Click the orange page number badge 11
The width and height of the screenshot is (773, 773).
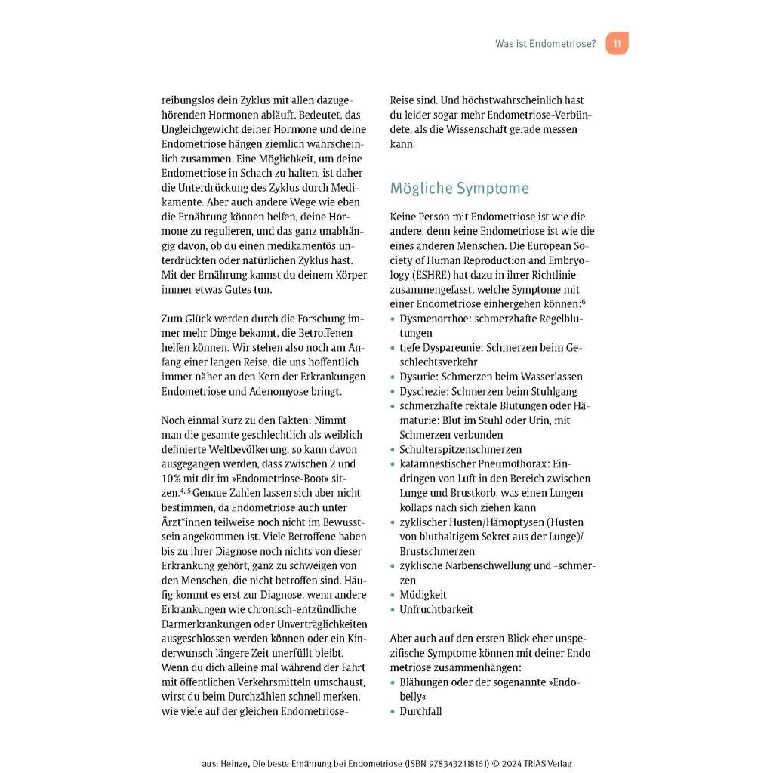point(617,44)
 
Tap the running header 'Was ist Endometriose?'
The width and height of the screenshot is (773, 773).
point(545,44)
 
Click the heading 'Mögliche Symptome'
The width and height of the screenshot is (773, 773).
point(459,188)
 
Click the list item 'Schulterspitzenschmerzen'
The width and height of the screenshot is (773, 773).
point(460,449)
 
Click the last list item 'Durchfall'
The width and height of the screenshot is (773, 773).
point(420,711)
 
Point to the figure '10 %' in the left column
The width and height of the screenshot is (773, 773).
point(173,479)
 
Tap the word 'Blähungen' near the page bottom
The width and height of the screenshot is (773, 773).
point(424,682)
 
